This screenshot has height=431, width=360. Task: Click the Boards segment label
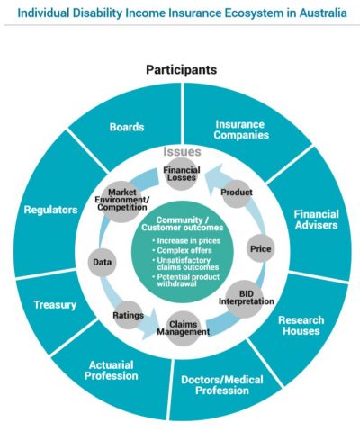click(x=127, y=127)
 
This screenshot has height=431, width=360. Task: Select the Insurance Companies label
click(x=241, y=130)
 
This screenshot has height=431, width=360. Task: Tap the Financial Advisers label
click(x=316, y=220)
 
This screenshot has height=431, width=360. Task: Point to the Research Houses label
click(x=301, y=326)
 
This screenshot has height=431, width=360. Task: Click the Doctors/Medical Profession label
click(x=222, y=385)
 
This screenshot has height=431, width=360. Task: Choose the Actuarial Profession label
click(x=112, y=371)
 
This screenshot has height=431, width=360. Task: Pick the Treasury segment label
click(x=55, y=305)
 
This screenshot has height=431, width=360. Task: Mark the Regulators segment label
click(x=50, y=210)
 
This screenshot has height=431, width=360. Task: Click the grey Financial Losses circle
click(x=182, y=174)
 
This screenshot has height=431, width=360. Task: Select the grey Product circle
click(x=237, y=193)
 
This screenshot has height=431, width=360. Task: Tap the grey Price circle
click(x=260, y=248)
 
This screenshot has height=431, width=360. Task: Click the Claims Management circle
click(x=183, y=328)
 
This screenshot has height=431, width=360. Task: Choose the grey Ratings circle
click(x=128, y=315)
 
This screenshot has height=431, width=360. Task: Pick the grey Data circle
click(x=102, y=262)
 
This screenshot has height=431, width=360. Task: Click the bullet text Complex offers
click(x=184, y=250)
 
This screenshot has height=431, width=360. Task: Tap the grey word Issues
click(x=182, y=152)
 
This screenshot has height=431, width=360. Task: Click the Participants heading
click(x=181, y=69)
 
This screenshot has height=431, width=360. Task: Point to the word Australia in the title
click(x=323, y=13)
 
